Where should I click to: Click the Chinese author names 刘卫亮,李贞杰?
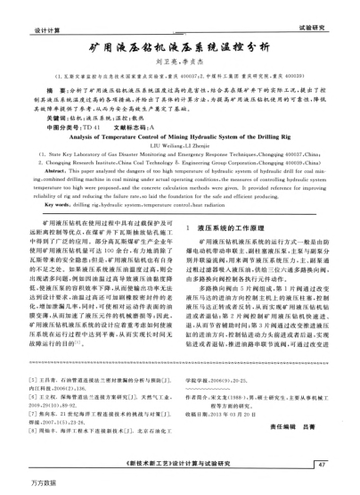(x=180, y=62)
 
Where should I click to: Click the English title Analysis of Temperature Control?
(x=179, y=138)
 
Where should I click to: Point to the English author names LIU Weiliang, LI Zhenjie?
(x=179, y=149)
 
